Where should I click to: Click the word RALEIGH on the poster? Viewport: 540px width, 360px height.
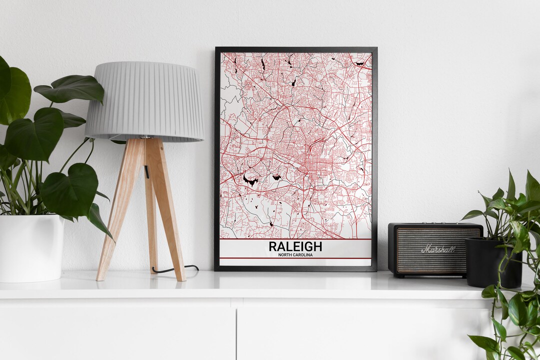[x=295, y=246]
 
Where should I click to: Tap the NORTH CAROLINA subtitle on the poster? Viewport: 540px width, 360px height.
[x=295, y=255]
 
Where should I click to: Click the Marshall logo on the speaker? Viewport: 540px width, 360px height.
[x=438, y=248]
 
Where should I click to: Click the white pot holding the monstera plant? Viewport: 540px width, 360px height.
[x=31, y=248]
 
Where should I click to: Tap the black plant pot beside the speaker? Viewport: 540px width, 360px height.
[x=492, y=261]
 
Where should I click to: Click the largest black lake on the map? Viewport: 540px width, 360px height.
[x=250, y=180]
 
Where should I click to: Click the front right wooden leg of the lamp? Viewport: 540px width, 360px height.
[x=169, y=210]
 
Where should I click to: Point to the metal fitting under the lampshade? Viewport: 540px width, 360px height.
[x=145, y=136]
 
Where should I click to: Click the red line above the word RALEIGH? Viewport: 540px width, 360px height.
[x=295, y=239]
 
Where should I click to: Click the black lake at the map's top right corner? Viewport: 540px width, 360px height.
[x=360, y=63]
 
